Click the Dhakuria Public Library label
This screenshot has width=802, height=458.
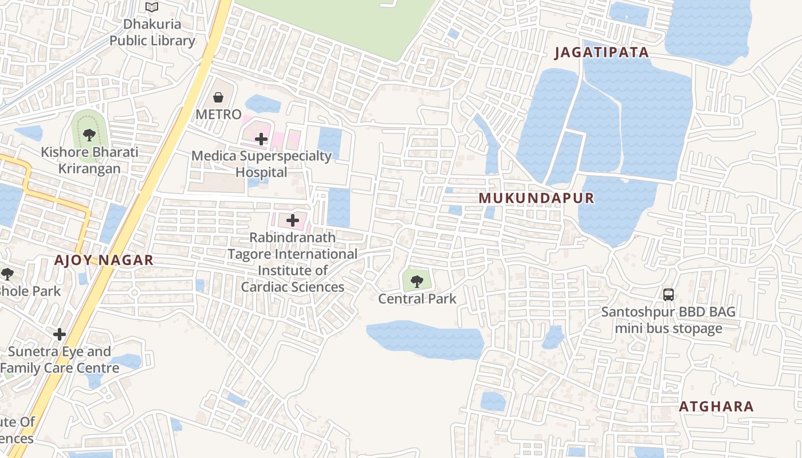[152, 33]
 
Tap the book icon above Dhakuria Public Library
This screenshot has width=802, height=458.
[152, 7]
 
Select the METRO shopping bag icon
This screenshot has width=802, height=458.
[218, 97]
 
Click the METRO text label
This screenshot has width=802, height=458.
[218, 114]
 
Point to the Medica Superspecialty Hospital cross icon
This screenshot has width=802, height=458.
[261, 139]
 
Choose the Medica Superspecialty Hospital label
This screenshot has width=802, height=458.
[261, 164]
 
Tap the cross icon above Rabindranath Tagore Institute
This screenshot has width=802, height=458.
[293, 220]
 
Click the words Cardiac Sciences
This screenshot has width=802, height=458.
[293, 287]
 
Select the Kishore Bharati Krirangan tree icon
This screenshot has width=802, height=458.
[89, 135]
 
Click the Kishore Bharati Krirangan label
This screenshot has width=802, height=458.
[89, 160]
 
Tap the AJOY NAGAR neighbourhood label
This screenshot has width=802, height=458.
[104, 260]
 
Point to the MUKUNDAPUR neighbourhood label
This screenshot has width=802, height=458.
[536, 198]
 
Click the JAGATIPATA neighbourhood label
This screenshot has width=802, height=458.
[601, 53]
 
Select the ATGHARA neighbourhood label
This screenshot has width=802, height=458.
[716, 406]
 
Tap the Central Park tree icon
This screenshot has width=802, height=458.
[417, 281]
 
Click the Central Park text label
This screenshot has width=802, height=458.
[417, 299]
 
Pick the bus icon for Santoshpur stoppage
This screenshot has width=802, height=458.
[668, 295]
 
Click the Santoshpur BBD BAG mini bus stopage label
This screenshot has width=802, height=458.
[668, 321]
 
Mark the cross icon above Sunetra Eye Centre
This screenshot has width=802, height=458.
[60, 334]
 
